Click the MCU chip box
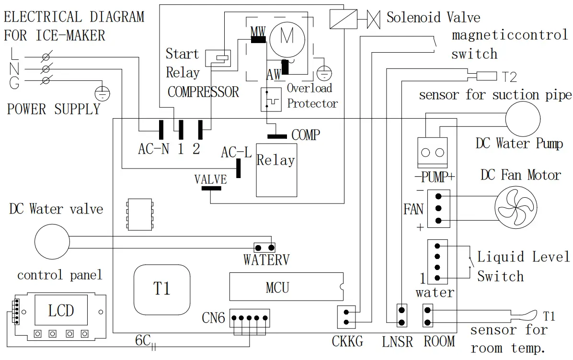(286, 287)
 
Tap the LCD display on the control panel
(61, 310)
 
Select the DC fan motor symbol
(516, 207)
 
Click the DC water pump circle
(523, 119)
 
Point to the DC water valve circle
(52, 242)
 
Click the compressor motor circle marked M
(287, 38)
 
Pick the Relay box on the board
(276, 170)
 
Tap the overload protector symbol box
(271, 99)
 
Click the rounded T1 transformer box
(162, 290)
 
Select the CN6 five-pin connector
(250, 318)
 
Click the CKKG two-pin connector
(346, 317)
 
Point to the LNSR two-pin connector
(401, 316)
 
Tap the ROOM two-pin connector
(427, 316)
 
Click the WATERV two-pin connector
(264, 248)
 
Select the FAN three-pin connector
(438, 208)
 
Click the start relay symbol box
(218, 58)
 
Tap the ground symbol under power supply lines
(103, 93)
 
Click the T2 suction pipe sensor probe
(487, 76)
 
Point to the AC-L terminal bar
(238, 169)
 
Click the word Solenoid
(409, 17)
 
